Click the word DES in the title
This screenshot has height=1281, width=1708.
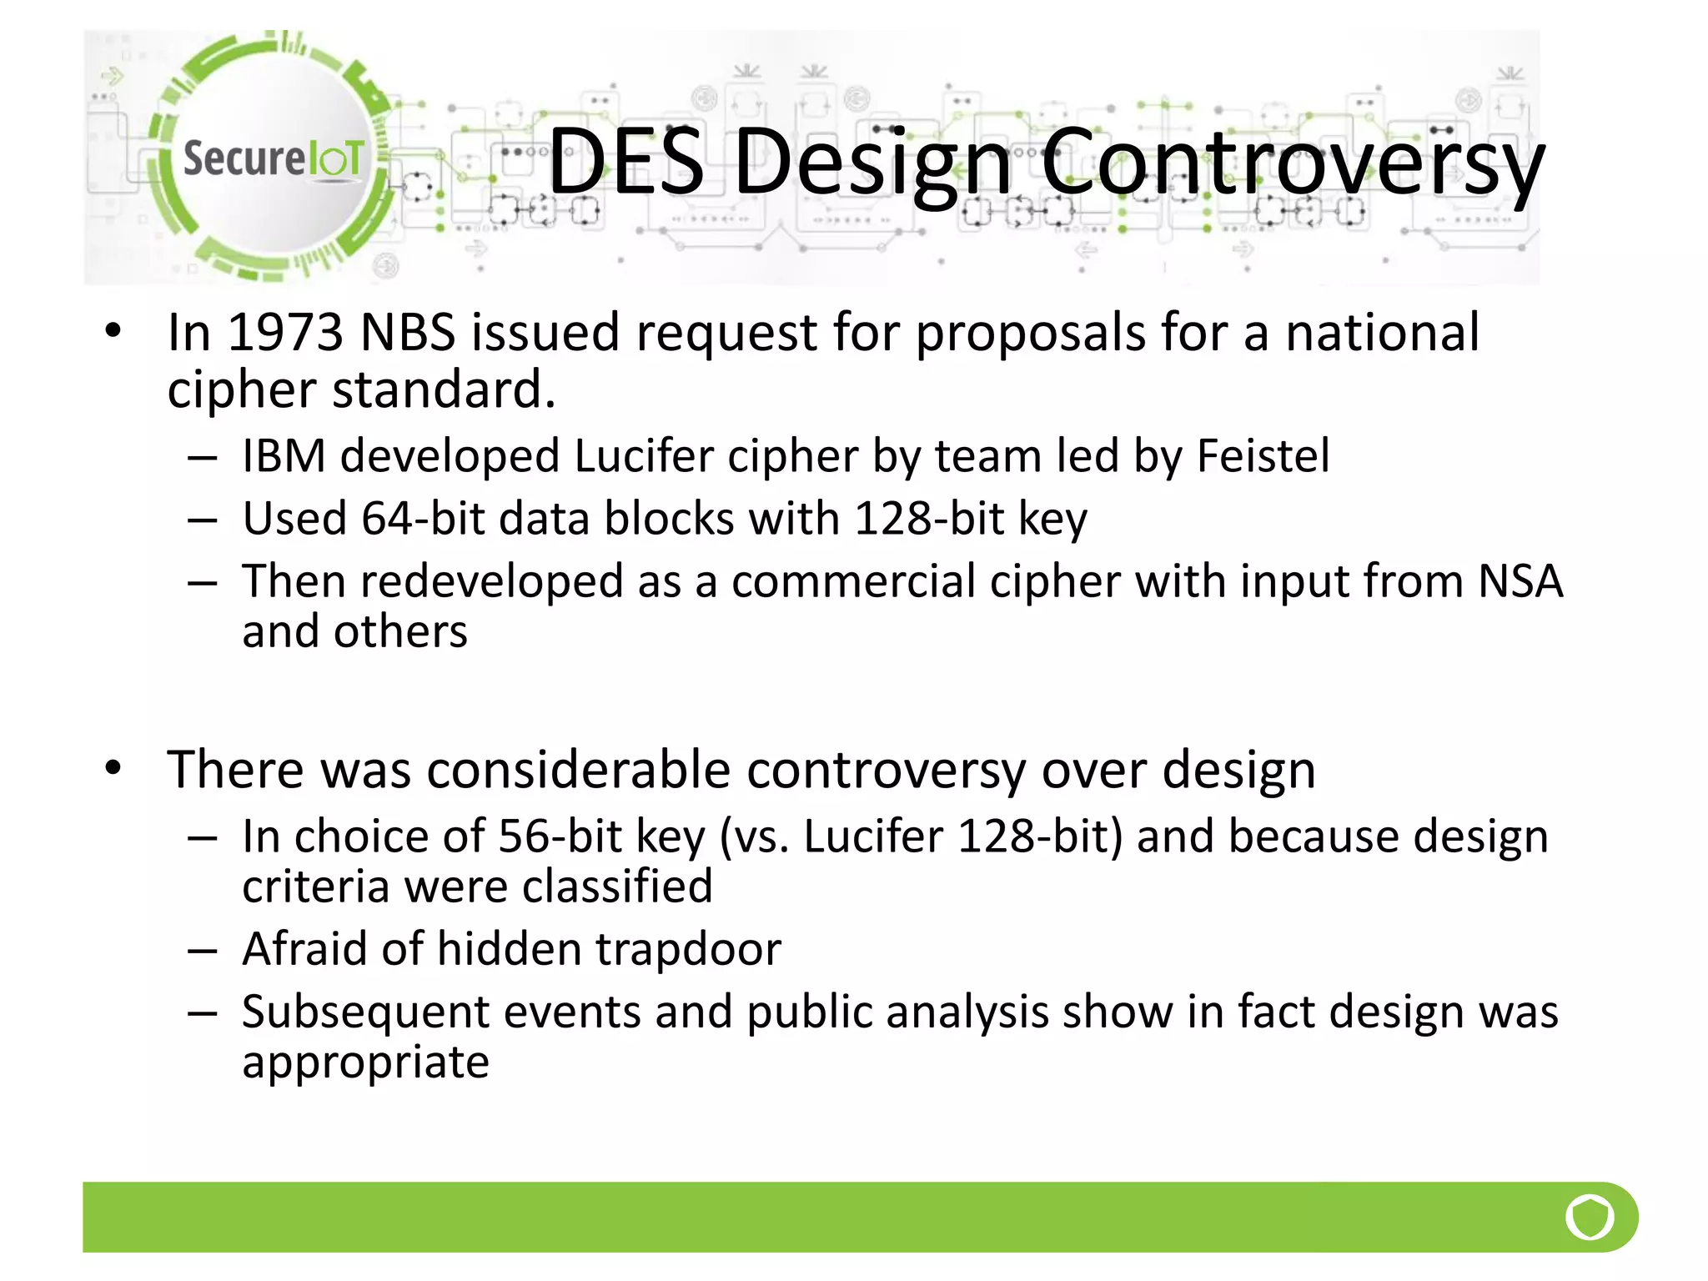click(x=626, y=161)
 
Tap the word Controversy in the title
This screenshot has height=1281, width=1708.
click(x=1293, y=163)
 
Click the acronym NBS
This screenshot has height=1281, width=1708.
click(x=408, y=332)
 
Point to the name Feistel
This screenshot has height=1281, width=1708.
click(x=1263, y=456)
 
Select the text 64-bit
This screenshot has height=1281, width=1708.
click(x=423, y=519)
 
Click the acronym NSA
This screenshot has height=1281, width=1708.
click(x=1520, y=581)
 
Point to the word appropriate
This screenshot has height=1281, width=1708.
click(x=365, y=1063)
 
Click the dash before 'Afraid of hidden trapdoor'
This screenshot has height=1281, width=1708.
click(x=203, y=951)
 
